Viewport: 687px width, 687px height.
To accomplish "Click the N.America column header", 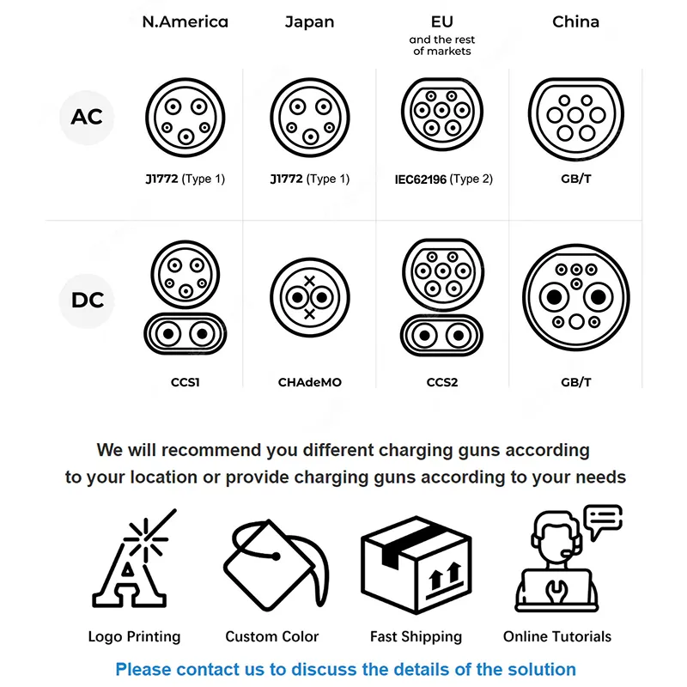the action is click(185, 22).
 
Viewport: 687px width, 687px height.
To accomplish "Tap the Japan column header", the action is click(309, 22).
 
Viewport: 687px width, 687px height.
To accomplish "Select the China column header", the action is click(575, 22).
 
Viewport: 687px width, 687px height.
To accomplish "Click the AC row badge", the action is click(87, 117).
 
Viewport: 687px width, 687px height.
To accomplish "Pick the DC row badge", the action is click(88, 300).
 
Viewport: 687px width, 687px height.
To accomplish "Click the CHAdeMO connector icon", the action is click(310, 297).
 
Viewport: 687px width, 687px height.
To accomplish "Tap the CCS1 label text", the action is click(185, 382).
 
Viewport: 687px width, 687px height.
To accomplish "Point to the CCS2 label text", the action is click(442, 382).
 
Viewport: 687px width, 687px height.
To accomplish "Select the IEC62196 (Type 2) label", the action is click(443, 179).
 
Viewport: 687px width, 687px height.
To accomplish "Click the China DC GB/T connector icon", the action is click(575, 297).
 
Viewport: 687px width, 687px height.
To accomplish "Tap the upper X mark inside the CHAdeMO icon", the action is click(309, 281).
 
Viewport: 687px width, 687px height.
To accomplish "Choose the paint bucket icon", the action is click(276, 565).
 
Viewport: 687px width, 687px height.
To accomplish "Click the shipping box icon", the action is click(416, 565).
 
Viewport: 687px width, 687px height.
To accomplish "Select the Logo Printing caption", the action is click(134, 636).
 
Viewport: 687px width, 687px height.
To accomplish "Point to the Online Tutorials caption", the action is click(556, 636).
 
